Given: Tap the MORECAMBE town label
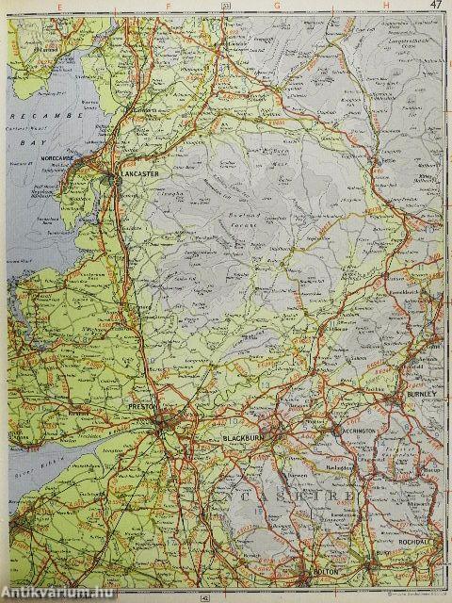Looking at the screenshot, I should [x=69, y=157].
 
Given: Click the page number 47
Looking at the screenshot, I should [x=434, y=5].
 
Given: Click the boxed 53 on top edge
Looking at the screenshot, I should [x=226, y=5].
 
